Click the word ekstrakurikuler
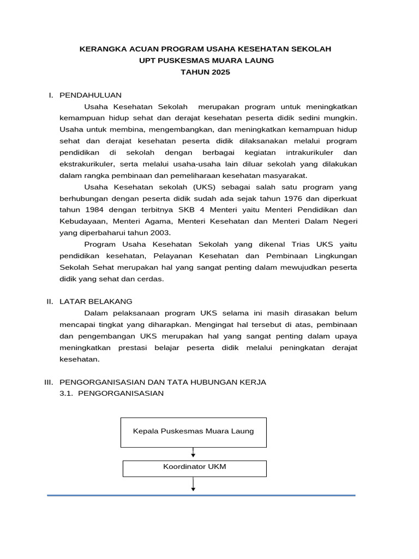point(87,164)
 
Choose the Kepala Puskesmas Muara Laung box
point(193,431)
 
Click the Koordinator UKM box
point(194,468)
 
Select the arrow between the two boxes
point(194,453)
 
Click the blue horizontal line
point(201,495)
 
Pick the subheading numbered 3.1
point(112,394)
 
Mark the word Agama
point(151,221)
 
